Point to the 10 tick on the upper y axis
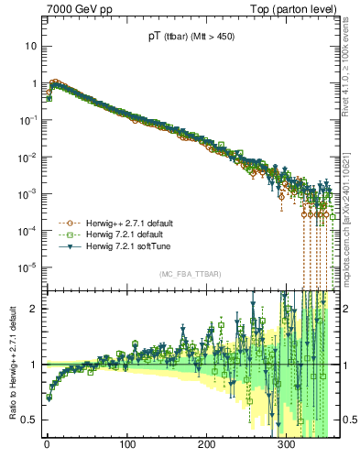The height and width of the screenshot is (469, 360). coord(31,46)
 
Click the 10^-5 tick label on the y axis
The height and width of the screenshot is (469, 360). coord(29,267)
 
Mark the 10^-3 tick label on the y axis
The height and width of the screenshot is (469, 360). coord(29,193)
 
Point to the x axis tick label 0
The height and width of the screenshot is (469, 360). coord(47,444)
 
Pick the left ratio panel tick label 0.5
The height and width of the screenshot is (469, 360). coord(30,420)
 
